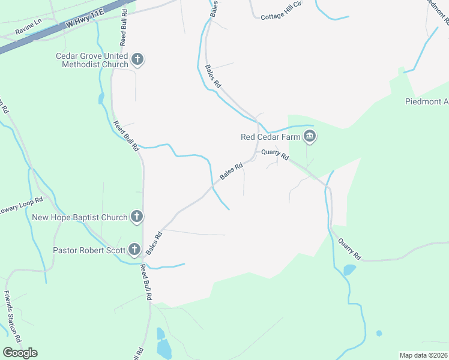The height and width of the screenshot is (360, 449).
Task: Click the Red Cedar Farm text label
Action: [x=270, y=137]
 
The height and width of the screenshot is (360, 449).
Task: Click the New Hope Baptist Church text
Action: [x=80, y=218]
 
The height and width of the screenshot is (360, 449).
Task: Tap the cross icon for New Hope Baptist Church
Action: [x=137, y=217]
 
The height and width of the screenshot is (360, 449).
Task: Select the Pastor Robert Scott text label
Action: [x=89, y=250]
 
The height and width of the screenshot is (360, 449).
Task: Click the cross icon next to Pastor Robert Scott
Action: [x=134, y=249]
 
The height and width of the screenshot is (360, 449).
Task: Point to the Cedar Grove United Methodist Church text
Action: [x=92, y=60]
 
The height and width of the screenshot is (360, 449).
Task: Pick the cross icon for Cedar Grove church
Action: [x=138, y=59]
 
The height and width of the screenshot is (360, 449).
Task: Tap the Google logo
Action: [x=20, y=352]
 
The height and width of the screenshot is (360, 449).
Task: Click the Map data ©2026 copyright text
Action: [x=423, y=355]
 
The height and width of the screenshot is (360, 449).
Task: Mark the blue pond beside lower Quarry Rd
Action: [x=349, y=270]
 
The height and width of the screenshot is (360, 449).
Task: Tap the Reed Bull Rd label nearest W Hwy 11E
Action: [x=123, y=28]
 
